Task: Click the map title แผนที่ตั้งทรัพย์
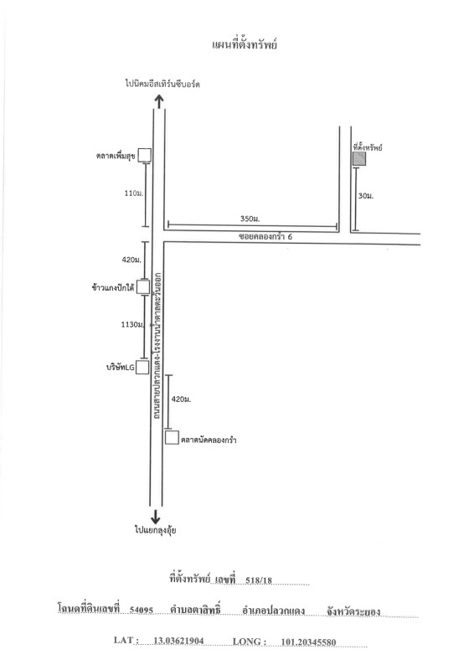point(245,45)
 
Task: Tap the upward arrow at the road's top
point(159,101)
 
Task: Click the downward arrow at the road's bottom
point(156,516)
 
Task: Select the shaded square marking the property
point(359,159)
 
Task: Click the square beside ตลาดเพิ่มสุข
point(145,155)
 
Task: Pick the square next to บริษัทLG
point(142,367)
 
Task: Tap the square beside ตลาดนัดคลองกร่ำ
point(172,437)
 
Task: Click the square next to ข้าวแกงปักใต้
point(143,287)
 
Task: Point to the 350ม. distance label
point(250,219)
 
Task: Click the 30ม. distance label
point(366,196)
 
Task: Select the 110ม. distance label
point(134,193)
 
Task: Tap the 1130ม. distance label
point(132,325)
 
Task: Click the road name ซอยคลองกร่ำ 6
point(265,236)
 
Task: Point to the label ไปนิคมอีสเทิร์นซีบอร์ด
point(162,84)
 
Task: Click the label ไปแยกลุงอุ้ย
point(156,530)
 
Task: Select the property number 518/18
point(259,580)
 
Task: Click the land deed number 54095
point(142,610)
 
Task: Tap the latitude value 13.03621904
point(178,641)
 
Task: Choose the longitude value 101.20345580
point(308,642)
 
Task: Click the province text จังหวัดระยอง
point(353,611)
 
